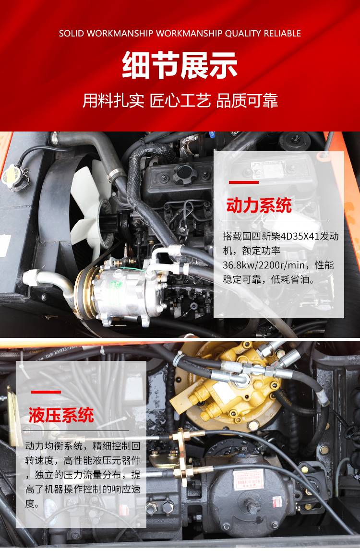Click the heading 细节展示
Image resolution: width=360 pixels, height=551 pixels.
(180, 65)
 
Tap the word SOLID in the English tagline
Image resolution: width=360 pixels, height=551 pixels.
(72, 34)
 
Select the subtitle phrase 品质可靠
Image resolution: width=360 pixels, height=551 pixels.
(247, 100)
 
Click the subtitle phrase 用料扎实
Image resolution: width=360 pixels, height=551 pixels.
(113, 100)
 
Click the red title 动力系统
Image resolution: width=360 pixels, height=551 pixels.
(259, 205)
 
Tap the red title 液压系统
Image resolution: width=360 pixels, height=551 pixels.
(61, 415)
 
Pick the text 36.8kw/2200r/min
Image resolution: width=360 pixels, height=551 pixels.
(264, 265)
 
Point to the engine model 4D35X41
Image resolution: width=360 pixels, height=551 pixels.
(300, 236)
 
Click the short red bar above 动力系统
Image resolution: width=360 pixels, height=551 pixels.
(244, 182)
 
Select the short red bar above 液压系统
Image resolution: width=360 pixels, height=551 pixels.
(46, 392)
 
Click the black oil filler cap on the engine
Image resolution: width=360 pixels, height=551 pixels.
(183, 173)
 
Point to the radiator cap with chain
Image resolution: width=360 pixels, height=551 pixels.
(13, 178)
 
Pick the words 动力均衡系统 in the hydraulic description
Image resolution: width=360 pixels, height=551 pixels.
(54, 446)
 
